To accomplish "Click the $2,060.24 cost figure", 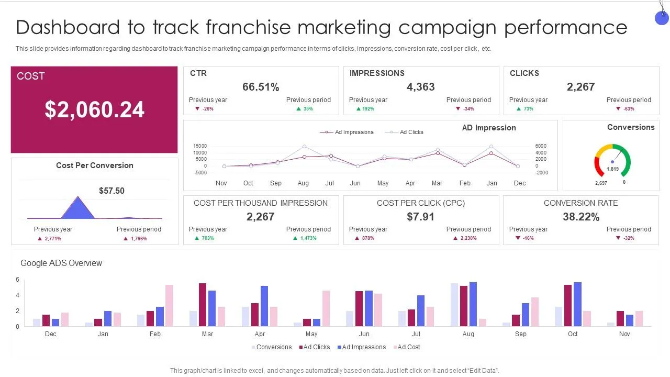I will [x=94, y=110].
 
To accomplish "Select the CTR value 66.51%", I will [x=261, y=87].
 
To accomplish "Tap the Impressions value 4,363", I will [x=421, y=87].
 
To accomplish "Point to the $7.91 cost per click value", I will [x=421, y=217].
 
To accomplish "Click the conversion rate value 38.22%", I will [x=581, y=217].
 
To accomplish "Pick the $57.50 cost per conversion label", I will [x=111, y=191].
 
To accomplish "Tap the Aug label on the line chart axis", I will [x=303, y=183].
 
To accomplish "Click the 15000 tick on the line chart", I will [x=200, y=146].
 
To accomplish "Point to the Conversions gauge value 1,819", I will [x=612, y=169].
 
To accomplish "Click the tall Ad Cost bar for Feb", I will [x=169, y=305].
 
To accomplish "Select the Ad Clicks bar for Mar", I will [x=203, y=305].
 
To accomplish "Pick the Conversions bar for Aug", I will [x=454, y=305].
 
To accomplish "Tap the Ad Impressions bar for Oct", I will [x=577, y=304].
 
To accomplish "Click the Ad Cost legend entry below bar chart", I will [x=408, y=347].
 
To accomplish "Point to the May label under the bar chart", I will [x=311, y=334].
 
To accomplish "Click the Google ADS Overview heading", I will [x=61, y=263].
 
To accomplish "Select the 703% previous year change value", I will [x=208, y=238].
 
